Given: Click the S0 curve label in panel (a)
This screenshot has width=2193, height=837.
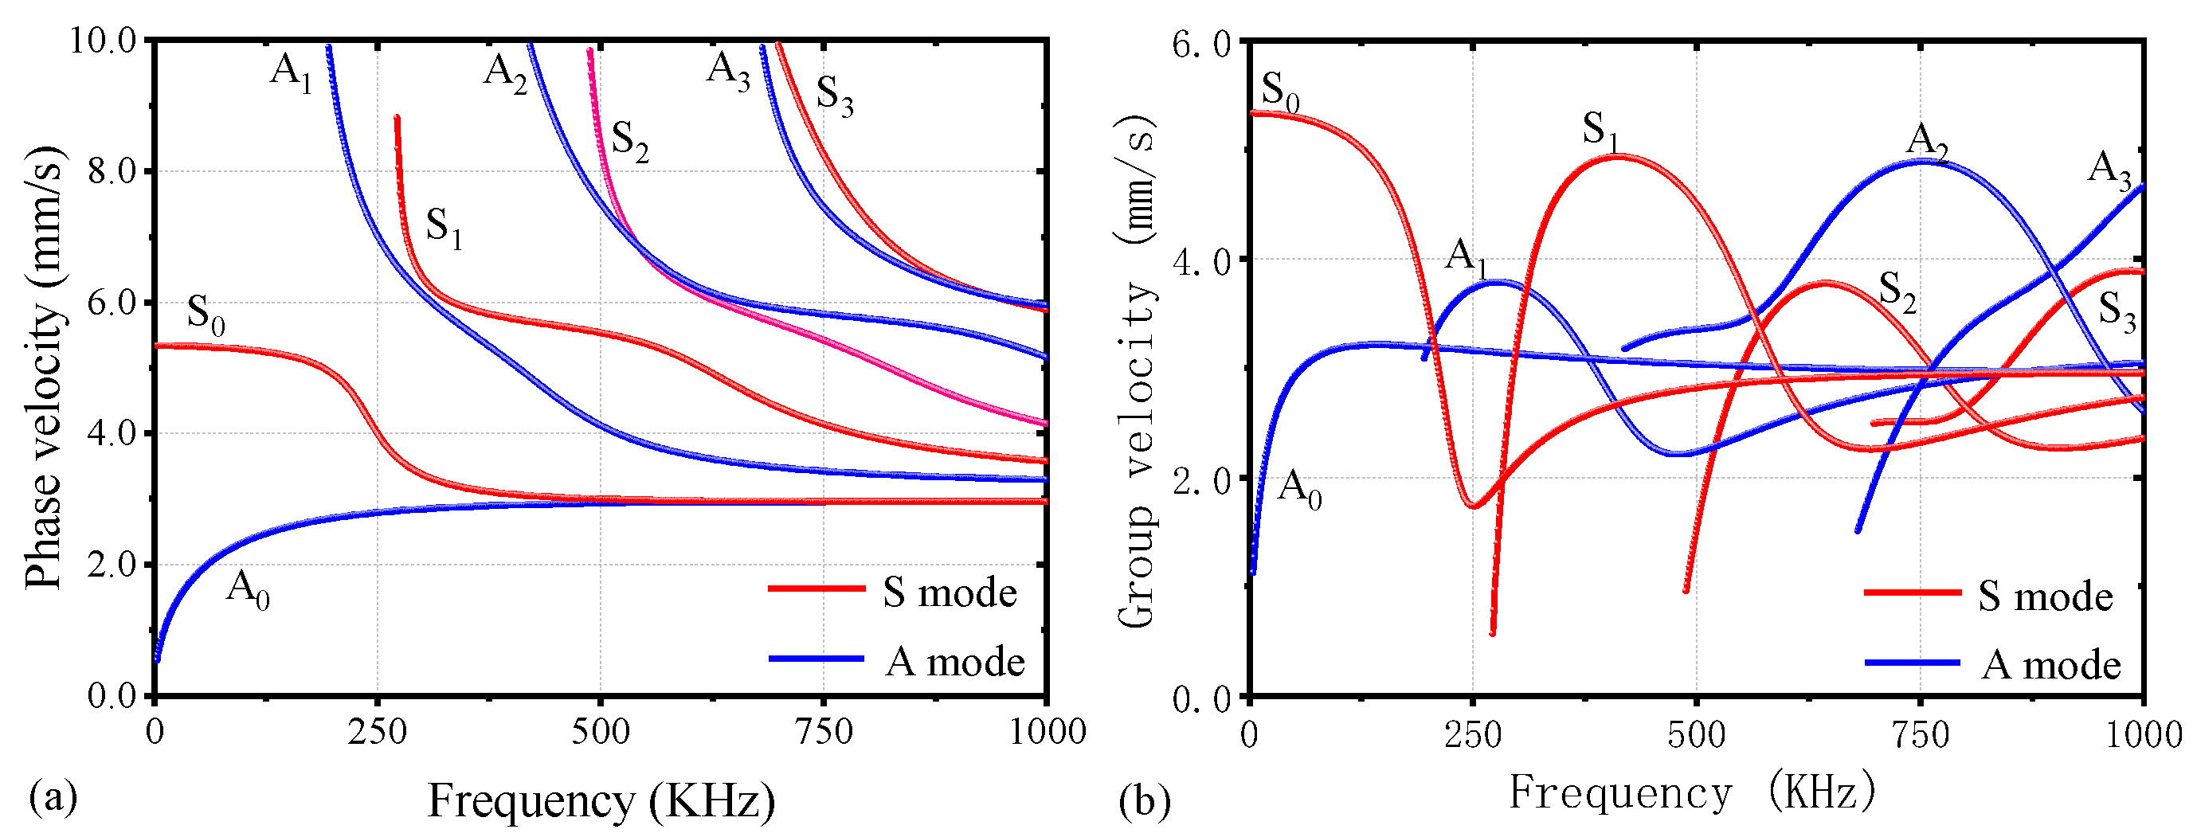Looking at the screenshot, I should [206, 315].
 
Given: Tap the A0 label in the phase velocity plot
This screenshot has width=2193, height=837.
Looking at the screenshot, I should [247, 589].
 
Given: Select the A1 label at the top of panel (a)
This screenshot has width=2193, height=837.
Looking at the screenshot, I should [291, 71].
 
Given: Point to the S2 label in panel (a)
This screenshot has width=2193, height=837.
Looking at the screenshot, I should [630, 140].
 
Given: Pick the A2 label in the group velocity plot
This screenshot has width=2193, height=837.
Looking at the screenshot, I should [1928, 141].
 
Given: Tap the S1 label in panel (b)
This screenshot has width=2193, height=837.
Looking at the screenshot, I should [1600, 131].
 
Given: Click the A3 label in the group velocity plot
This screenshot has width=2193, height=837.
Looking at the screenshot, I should [2109, 169].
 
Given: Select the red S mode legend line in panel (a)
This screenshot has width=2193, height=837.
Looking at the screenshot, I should [816, 589].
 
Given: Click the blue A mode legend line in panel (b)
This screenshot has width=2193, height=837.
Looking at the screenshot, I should [1912, 663].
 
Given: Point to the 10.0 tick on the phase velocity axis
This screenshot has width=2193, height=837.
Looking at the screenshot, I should [103, 40].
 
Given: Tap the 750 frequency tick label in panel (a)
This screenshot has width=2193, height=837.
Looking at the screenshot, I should [823, 731].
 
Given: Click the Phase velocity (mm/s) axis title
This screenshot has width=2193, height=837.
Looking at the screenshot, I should [42, 368].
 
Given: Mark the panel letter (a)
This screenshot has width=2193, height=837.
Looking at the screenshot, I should [53, 797].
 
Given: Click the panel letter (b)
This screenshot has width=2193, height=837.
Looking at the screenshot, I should [1144, 800].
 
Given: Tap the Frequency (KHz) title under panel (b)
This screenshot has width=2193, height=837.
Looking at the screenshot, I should [1693, 793].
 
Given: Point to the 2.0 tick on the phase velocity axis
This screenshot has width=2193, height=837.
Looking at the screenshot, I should [112, 565].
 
